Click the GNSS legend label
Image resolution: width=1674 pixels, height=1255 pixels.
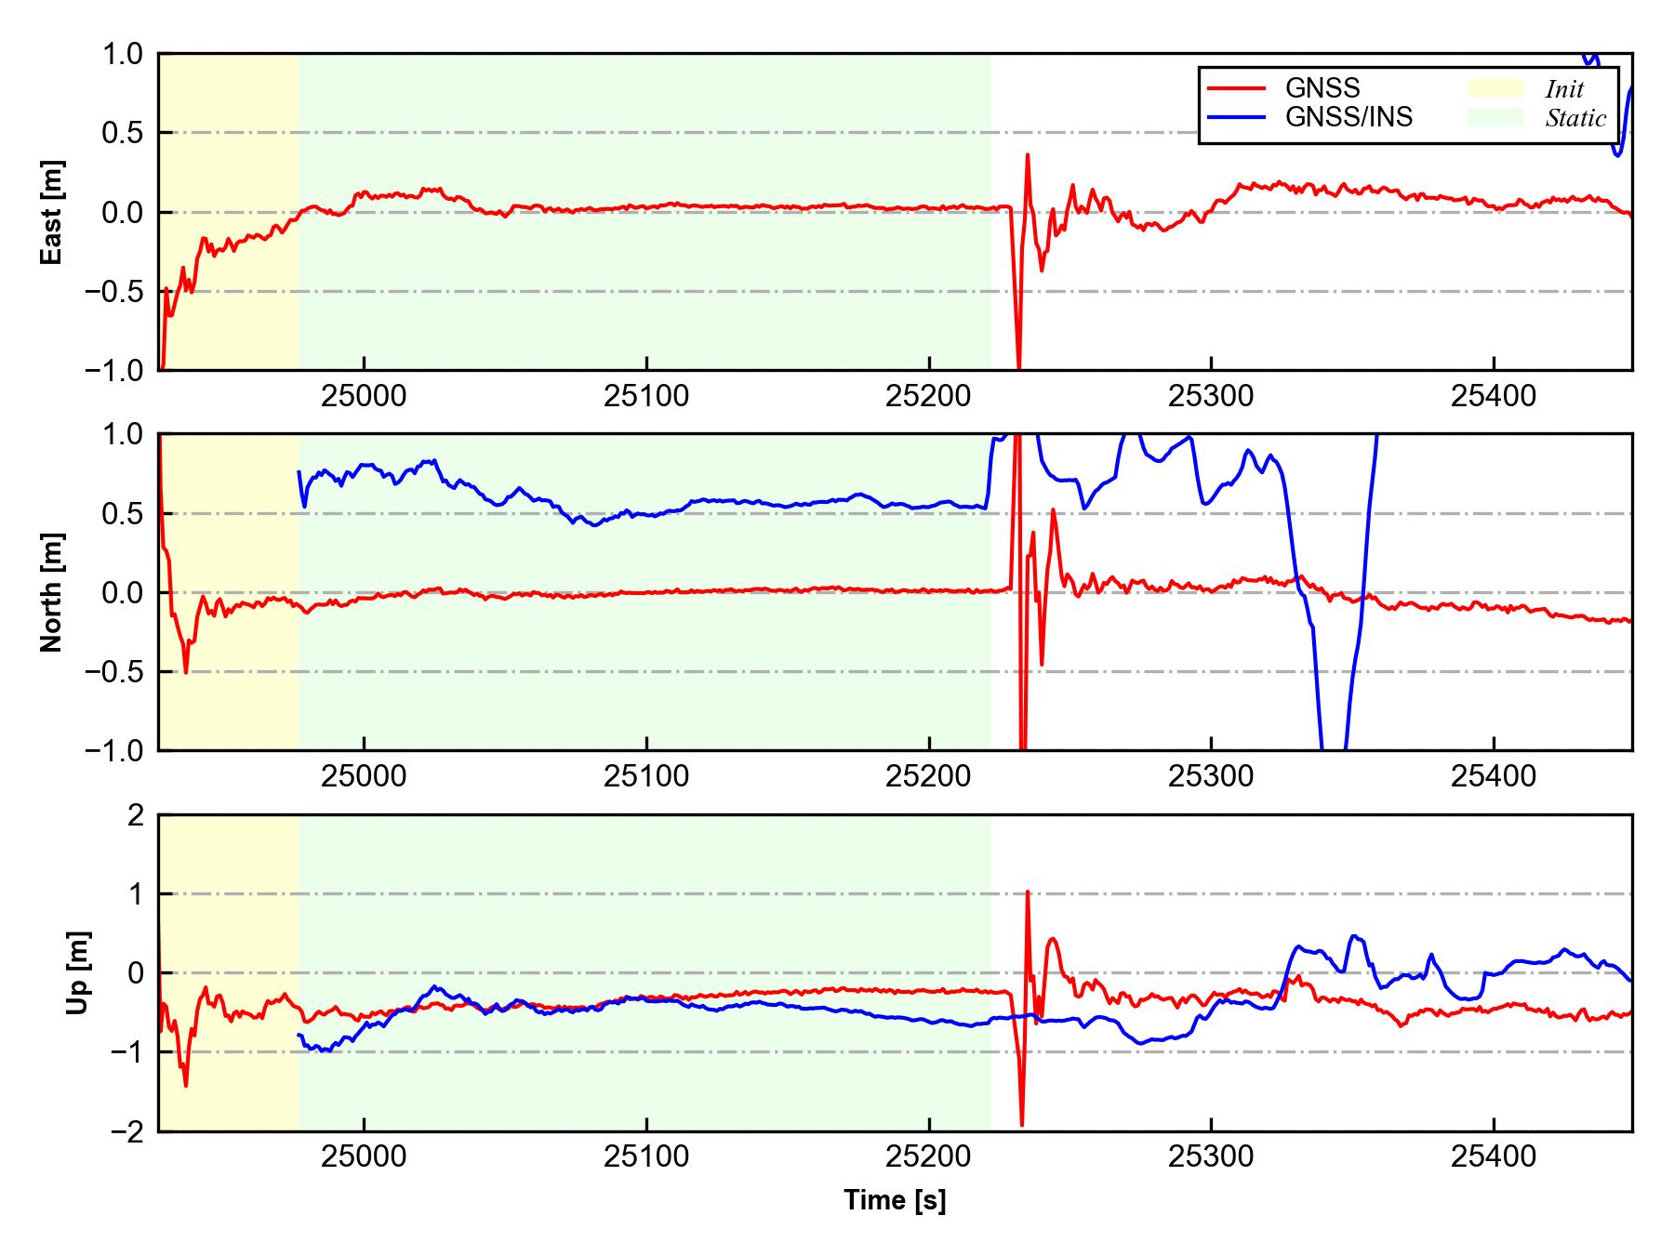point(1322,88)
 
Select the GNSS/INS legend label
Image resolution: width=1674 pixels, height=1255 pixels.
point(1348,117)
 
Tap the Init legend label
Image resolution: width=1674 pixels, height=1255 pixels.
point(1564,89)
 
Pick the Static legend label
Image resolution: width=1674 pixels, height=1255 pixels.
point(1575,118)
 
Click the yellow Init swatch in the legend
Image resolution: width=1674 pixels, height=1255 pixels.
point(1495,88)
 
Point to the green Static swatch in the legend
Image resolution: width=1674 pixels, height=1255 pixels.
point(1495,117)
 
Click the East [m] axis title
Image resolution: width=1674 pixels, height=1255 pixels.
point(52,212)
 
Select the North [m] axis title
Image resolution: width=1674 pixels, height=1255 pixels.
point(52,592)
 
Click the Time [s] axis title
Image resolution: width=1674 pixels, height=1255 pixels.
point(895,1200)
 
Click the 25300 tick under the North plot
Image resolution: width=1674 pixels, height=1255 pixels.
point(1211,776)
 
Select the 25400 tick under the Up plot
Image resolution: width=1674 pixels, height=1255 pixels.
point(1494,1157)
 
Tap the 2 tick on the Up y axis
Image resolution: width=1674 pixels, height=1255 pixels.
point(136,815)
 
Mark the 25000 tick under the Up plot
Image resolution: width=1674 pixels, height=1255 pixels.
point(364,1157)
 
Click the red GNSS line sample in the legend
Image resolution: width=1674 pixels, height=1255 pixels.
point(1237,88)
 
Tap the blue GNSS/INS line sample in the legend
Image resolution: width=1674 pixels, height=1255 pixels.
point(1237,117)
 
